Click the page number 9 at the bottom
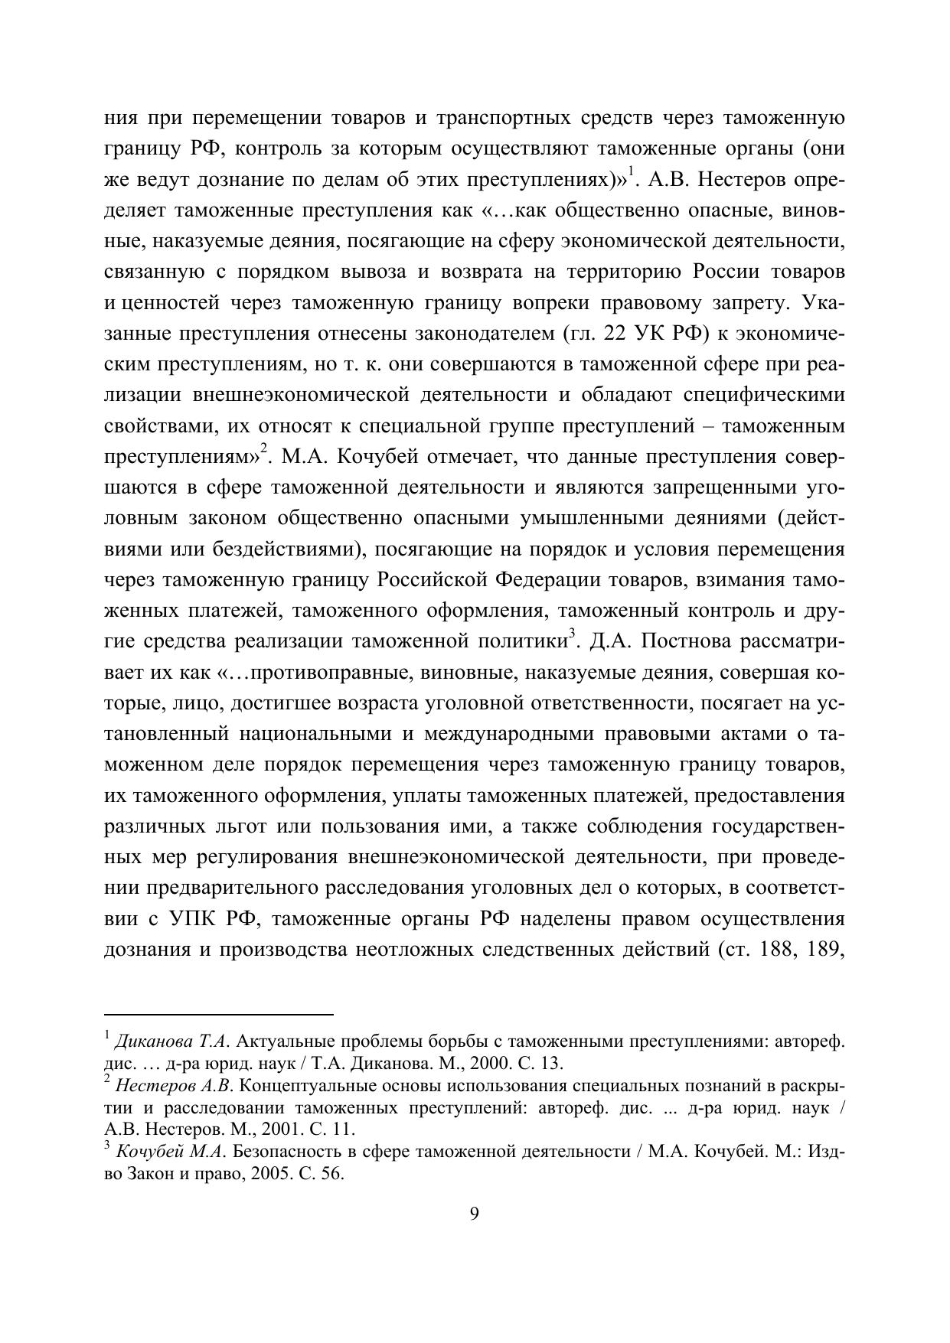(474, 1214)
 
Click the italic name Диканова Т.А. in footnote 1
(171, 1041)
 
